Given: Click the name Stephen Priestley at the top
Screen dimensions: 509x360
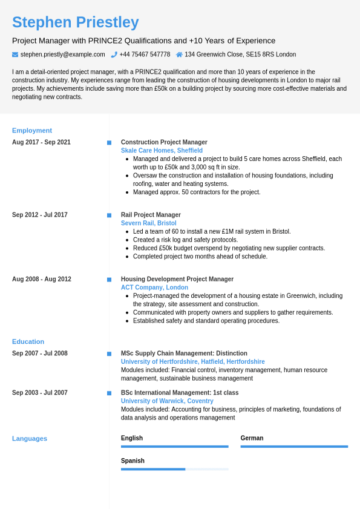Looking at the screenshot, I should (x=75, y=22).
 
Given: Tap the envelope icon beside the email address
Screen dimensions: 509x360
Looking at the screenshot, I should (x=15, y=54).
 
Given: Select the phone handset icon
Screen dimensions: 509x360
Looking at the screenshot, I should (x=114, y=54).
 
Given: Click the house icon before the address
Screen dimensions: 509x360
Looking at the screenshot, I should (x=179, y=54).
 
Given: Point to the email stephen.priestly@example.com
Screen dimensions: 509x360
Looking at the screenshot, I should (x=62, y=54).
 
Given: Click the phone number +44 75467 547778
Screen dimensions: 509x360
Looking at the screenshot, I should (x=145, y=54).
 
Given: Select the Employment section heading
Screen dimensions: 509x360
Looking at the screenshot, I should (x=32, y=130).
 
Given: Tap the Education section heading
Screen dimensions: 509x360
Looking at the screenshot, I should (x=28, y=341).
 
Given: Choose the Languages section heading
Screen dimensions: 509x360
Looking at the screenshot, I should (x=30, y=438).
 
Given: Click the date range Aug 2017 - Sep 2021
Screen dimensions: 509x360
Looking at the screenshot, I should (x=41, y=142).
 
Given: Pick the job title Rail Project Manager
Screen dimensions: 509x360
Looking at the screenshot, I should (x=151, y=215).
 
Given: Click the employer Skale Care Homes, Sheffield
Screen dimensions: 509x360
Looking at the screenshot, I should (x=162, y=151).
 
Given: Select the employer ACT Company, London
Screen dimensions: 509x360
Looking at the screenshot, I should (x=154, y=287).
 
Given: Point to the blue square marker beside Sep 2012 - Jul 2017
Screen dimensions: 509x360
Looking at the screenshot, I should (x=109, y=215).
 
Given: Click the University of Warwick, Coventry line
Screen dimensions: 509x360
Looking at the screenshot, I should (x=167, y=401).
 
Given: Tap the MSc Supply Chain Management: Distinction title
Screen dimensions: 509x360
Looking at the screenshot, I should (x=184, y=353).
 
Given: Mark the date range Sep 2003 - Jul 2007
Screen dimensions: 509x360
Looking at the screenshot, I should (x=40, y=393).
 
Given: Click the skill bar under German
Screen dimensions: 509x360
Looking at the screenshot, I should (x=294, y=447).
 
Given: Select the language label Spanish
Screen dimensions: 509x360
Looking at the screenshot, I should (x=133, y=461).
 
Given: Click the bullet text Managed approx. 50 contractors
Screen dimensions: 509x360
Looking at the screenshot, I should (x=197, y=192).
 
